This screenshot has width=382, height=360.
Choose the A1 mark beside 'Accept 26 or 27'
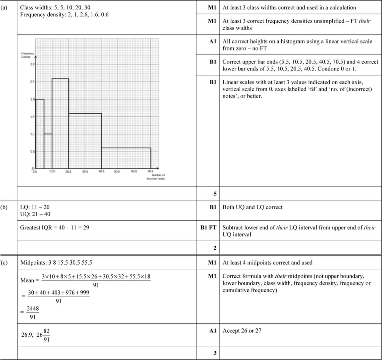(x=213, y=330)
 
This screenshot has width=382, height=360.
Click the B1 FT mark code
(x=208, y=228)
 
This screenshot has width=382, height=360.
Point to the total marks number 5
(x=215, y=194)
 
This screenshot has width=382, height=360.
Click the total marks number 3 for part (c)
(x=215, y=353)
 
